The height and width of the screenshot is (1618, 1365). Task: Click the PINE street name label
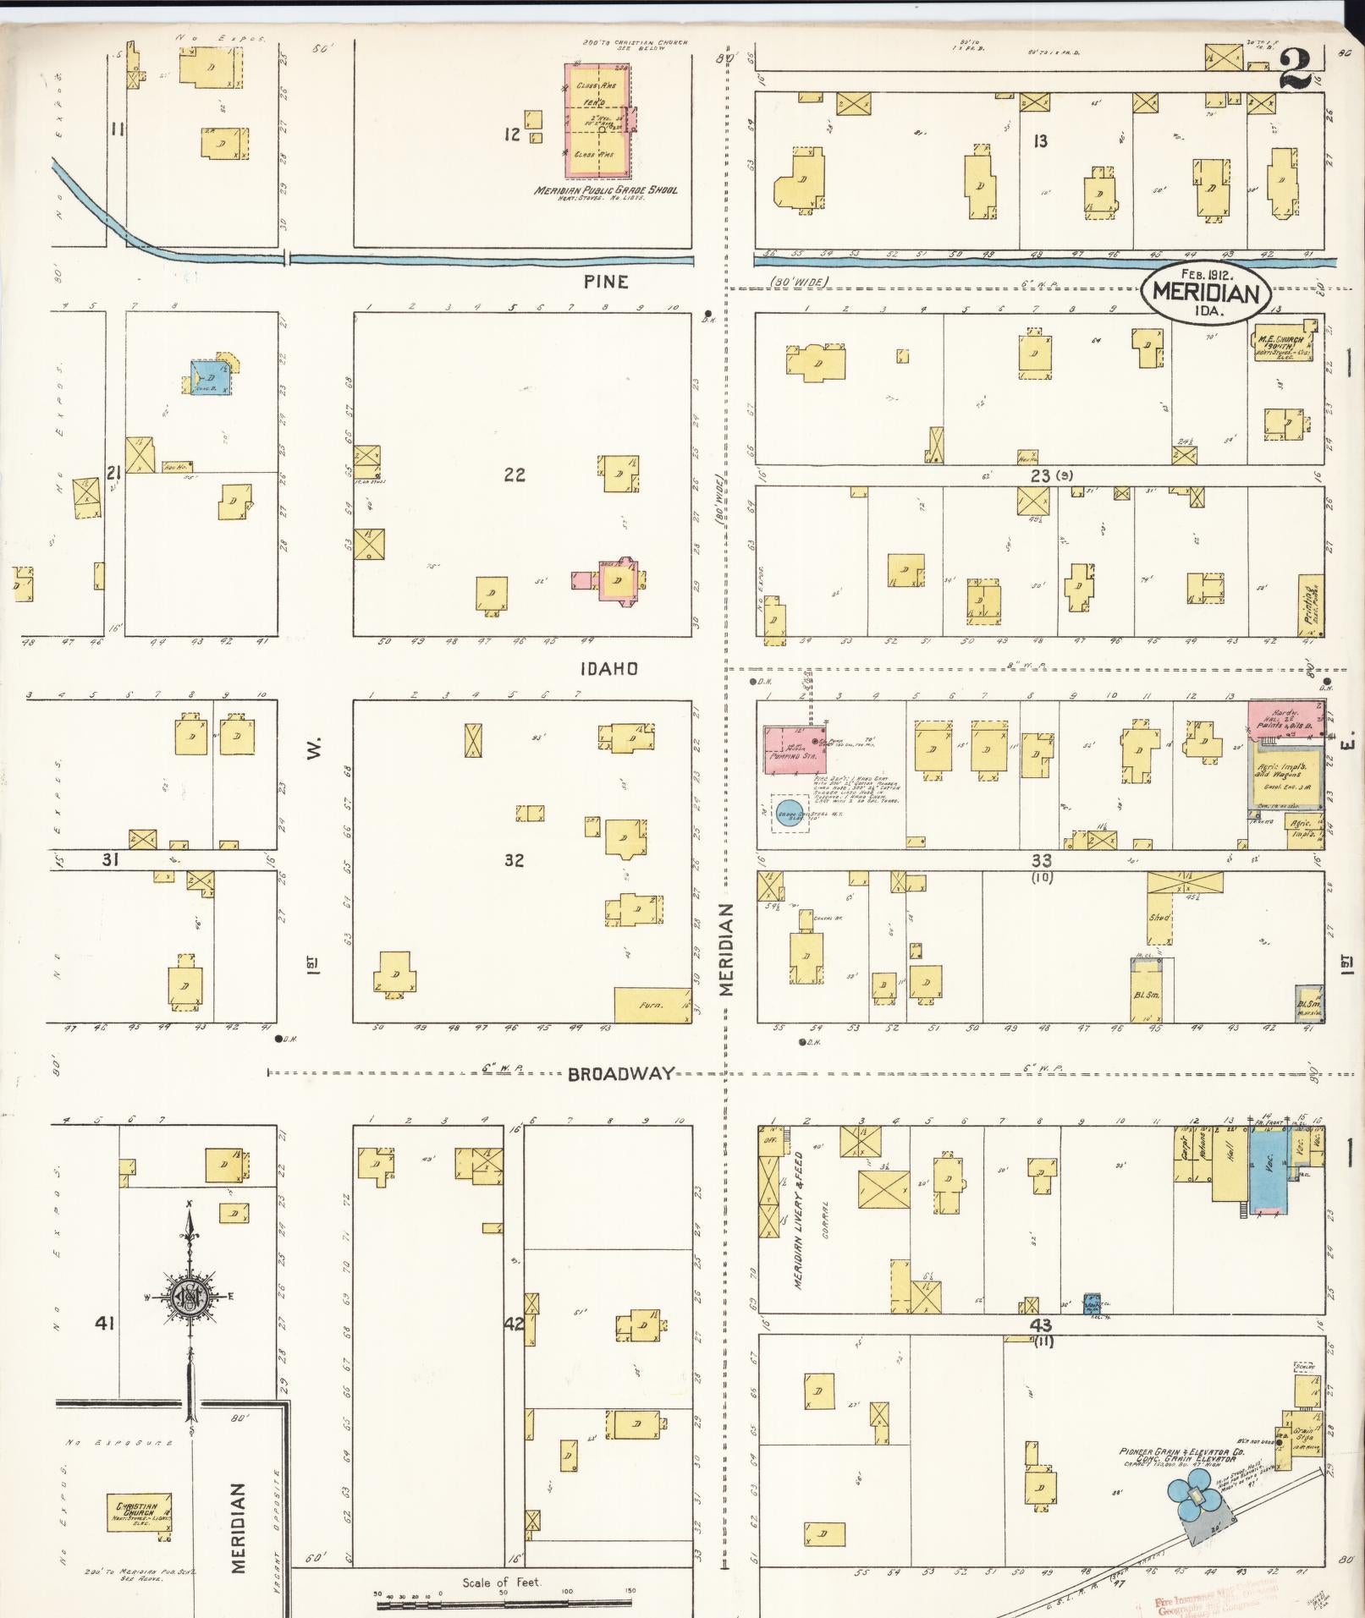tap(607, 282)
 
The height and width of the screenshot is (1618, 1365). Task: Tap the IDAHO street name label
tap(608, 669)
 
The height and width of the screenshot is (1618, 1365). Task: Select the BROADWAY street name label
tap(621, 1073)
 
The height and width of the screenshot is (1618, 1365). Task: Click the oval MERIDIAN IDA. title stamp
tap(1205, 293)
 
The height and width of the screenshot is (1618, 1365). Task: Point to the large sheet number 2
tap(1296, 70)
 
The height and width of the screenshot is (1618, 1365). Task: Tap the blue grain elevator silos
tap(1193, 1496)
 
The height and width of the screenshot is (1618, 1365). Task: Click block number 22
tap(514, 474)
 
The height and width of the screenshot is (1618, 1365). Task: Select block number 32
tap(514, 860)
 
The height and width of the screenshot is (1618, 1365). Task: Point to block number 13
tap(1040, 141)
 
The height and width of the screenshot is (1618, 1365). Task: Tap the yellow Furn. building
tap(652, 1004)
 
